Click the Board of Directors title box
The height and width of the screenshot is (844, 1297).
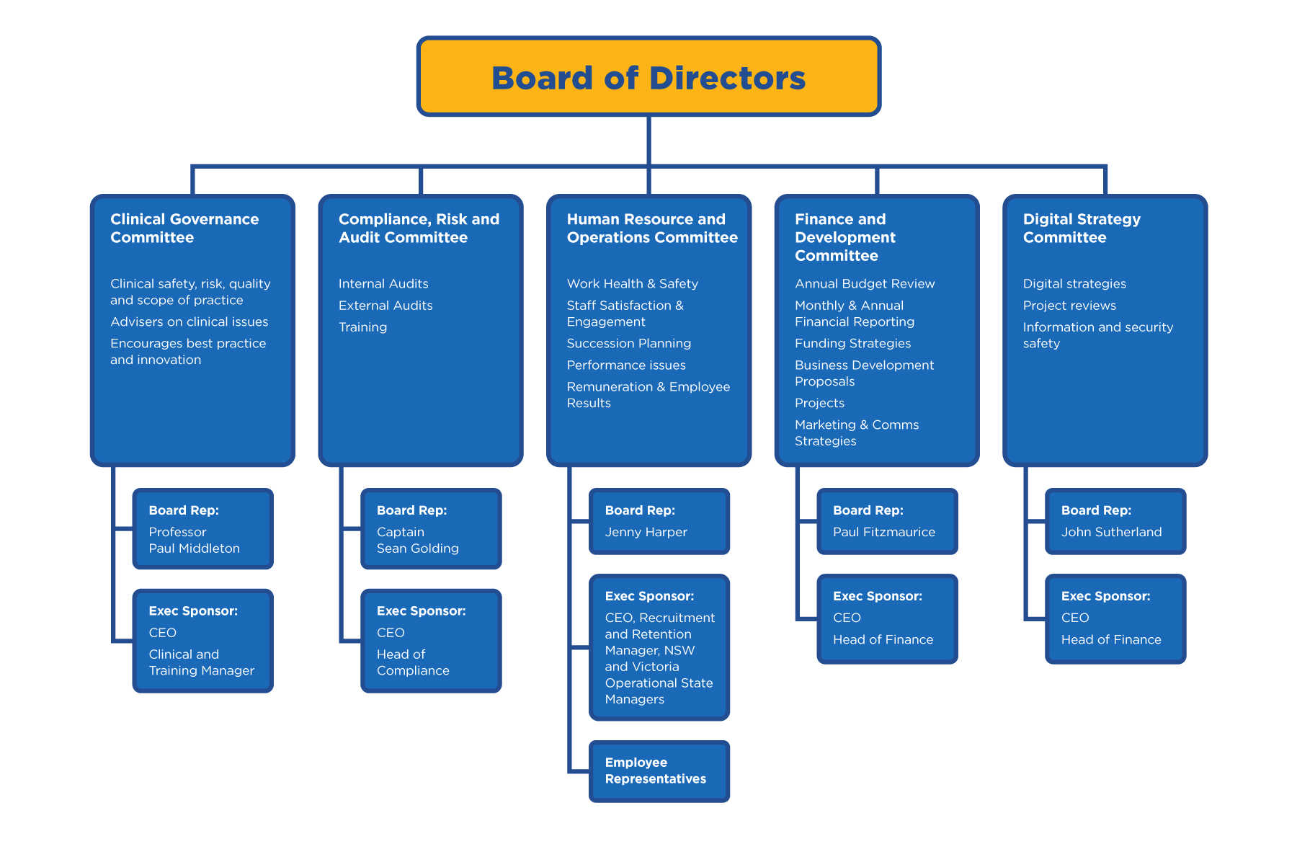pos(648,77)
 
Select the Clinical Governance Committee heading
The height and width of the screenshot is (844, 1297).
pos(184,228)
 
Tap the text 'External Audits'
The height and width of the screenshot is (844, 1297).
pos(385,306)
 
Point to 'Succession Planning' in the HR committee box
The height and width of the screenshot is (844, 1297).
pos(628,344)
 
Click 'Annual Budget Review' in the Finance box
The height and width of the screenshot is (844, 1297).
pos(865,284)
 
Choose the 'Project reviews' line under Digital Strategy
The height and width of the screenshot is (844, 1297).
pos(1069,306)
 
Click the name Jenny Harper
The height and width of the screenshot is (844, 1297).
pos(646,532)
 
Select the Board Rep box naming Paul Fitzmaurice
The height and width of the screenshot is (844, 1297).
pos(887,521)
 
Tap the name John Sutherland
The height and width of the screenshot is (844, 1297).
pos(1111,532)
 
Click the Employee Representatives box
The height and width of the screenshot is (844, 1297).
pos(659,770)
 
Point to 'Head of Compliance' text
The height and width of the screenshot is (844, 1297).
pos(412,662)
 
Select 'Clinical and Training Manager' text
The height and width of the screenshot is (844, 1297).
pos(201,662)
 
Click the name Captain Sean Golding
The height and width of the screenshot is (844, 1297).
pos(417,541)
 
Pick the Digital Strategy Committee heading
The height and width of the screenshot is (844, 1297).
pos(1081,228)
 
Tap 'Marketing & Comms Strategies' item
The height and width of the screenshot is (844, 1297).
pos(856,432)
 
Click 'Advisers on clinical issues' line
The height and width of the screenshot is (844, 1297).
pos(189,322)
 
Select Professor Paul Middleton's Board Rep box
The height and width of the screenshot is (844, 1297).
pos(202,528)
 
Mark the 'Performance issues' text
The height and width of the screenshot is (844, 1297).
pos(625,365)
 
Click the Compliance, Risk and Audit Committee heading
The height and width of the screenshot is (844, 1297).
pos(418,228)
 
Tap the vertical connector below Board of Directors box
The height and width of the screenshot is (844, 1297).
pos(648,140)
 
